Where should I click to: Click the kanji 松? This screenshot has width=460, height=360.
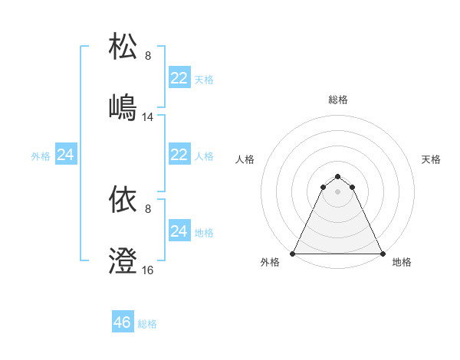point(123,47)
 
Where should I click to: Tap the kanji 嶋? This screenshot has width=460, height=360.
point(123,106)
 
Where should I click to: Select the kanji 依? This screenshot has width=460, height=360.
point(123,200)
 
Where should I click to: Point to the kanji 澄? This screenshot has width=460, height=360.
point(123,260)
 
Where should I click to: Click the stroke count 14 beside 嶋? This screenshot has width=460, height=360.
point(148,117)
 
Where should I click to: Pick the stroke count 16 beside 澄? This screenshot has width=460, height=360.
point(148,270)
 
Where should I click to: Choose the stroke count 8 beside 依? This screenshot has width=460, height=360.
point(148,209)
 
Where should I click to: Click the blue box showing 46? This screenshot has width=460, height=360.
point(123,322)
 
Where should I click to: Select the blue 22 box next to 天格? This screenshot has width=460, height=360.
point(179,78)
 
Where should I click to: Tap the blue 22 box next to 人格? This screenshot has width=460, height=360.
point(179,155)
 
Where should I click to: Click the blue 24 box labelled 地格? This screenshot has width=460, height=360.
point(179,231)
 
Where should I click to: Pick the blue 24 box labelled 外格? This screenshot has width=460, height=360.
point(66,155)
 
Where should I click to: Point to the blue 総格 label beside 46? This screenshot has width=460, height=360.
point(148,324)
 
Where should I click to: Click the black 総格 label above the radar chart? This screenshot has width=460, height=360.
point(337,100)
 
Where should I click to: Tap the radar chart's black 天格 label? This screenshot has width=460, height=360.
point(432,159)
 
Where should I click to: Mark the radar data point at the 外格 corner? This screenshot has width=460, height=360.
point(293,253)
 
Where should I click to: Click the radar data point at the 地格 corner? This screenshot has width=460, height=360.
point(383,253)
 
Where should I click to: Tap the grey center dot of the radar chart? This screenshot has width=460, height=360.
point(337,191)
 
